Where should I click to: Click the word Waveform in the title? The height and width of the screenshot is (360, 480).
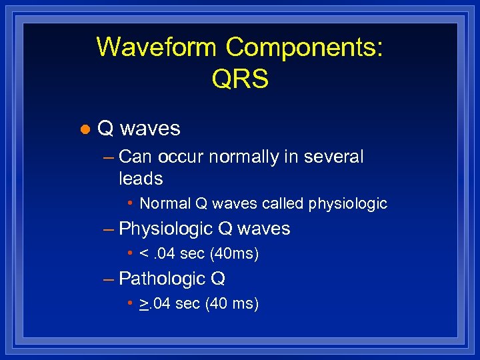click(x=157, y=47)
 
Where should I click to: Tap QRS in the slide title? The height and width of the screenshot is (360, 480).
click(x=240, y=79)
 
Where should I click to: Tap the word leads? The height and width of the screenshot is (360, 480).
click(x=141, y=179)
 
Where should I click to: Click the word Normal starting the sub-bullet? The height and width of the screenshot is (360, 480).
click(x=165, y=204)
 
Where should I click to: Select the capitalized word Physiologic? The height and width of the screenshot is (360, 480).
click(x=167, y=229)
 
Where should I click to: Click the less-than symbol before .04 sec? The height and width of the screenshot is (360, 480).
click(x=144, y=255)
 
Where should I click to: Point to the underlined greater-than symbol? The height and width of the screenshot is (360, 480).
click(x=144, y=304)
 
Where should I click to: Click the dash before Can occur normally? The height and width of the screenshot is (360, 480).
click(x=109, y=157)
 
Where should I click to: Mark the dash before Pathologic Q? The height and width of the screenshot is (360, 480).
click(x=109, y=279)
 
